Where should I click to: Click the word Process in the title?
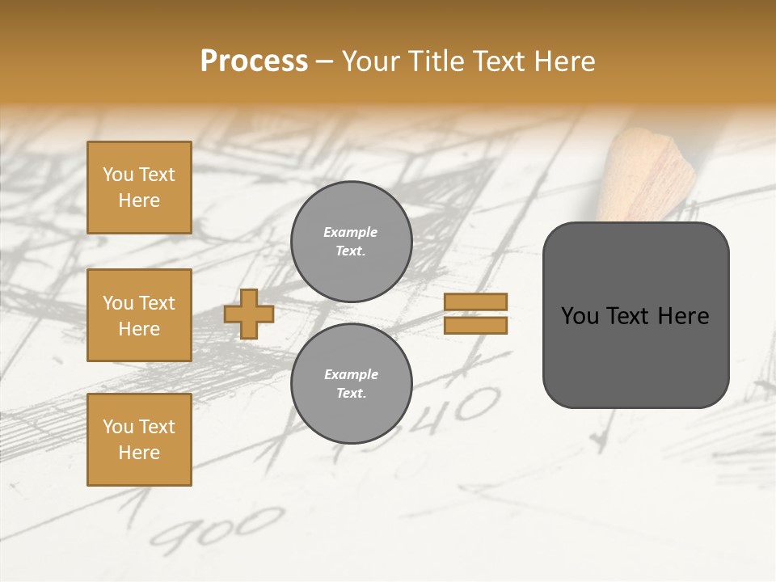pyautogui.click(x=254, y=61)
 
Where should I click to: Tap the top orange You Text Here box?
pyautogui.click(x=139, y=188)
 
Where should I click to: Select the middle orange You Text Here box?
pyautogui.click(x=139, y=315)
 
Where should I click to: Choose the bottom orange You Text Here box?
pyautogui.click(x=139, y=440)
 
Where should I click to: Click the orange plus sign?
pyautogui.click(x=248, y=314)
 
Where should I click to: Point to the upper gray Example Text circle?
pyautogui.click(x=351, y=241)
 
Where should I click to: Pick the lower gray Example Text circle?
pyautogui.click(x=351, y=383)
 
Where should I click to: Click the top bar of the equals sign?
pyautogui.click(x=476, y=302)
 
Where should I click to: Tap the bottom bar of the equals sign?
pyautogui.click(x=476, y=325)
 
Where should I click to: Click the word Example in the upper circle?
pyautogui.click(x=351, y=232)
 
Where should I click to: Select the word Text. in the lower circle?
pyautogui.click(x=351, y=393)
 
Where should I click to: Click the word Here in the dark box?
pyautogui.click(x=683, y=316)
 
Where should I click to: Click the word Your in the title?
pyautogui.click(x=370, y=61)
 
